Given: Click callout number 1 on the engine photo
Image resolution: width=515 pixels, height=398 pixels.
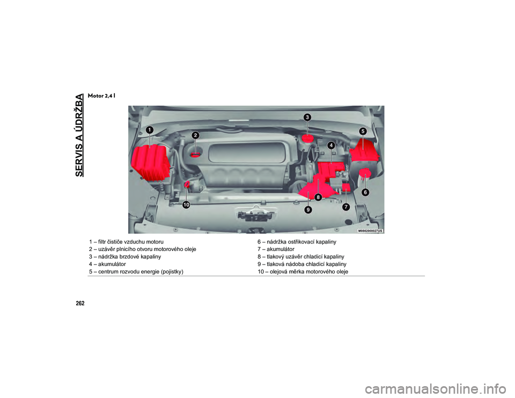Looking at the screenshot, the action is coord(150,130).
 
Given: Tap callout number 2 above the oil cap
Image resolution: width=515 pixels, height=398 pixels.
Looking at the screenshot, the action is coord(195,135).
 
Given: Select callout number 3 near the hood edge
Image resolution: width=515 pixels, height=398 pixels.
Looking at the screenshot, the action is coord(307,117).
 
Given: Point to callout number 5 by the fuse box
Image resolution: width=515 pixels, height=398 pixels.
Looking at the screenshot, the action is coord(363,131).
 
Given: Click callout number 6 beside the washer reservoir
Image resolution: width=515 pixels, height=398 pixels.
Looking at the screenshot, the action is coord(365,193).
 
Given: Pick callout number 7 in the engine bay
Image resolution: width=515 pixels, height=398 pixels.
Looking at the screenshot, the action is coord(346,207).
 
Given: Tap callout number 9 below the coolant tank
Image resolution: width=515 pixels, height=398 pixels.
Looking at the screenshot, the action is coord(308,210).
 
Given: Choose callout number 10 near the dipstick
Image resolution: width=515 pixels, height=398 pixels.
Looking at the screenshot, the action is coord(186,205).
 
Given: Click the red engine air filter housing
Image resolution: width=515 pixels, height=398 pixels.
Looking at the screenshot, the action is coord(150,163).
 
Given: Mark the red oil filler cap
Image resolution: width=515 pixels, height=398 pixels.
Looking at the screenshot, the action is coord(196,154).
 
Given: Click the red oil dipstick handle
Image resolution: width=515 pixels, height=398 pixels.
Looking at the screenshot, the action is coord(187,185).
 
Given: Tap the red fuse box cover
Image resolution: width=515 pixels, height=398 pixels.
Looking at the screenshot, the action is coord(364,150).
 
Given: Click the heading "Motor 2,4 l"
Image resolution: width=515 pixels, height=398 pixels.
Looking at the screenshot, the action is coord(101,96).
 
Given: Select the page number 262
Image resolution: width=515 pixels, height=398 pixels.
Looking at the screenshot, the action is coord(80,304).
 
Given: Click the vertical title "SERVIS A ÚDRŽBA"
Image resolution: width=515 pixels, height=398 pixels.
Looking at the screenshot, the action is coord(79,135).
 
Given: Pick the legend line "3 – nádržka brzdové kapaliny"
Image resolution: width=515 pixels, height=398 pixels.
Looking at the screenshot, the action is coord(125,257).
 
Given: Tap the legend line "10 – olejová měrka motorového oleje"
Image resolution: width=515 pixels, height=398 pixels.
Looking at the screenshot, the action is coord(303,271).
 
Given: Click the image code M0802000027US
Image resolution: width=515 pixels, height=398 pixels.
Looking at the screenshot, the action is coord(370,231).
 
